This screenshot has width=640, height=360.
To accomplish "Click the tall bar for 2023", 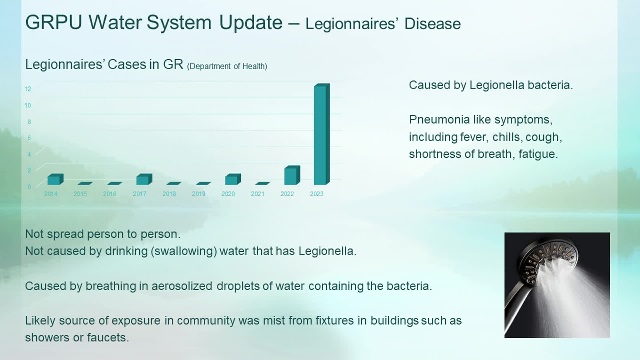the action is click(x=322, y=134).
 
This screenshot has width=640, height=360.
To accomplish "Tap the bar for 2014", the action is click(x=55, y=179).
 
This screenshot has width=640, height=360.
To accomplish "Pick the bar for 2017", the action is click(x=144, y=179).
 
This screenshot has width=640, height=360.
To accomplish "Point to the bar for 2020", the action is click(x=233, y=179).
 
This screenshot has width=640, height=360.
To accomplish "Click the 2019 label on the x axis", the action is click(x=199, y=194).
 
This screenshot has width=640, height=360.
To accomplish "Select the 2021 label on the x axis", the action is click(x=258, y=194).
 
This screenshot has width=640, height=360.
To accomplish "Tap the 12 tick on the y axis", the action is click(x=28, y=89).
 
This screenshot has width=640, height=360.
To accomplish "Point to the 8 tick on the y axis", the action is click(x=29, y=122).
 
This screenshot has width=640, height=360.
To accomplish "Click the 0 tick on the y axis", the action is click(x=29, y=187).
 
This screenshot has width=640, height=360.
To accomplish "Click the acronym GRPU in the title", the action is click(x=54, y=23).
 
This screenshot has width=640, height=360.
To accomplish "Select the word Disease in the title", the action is click(x=433, y=24).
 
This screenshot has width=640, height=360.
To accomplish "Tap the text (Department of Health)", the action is click(x=227, y=66).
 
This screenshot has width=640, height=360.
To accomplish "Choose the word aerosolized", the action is click(x=182, y=286).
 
